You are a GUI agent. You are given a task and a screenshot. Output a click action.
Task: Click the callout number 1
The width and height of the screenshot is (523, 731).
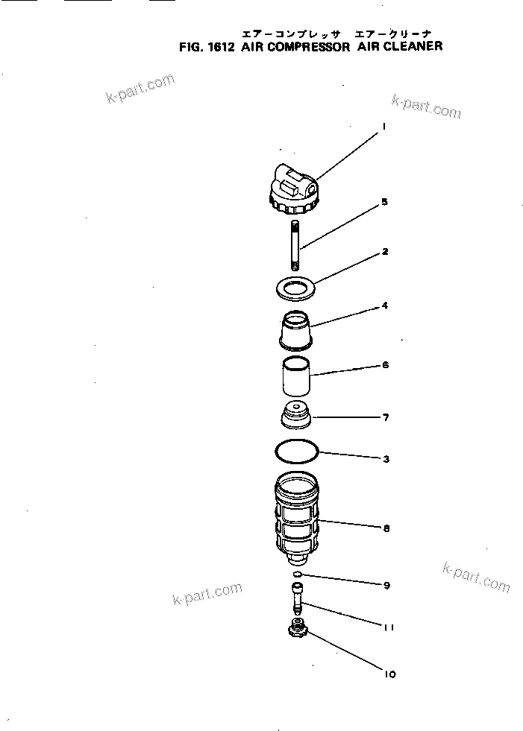click(x=383, y=127)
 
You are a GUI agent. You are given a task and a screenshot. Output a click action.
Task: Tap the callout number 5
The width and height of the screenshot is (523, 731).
click(x=384, y=201)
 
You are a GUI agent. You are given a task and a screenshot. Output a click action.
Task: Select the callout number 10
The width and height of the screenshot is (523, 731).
click(x=389, y=674)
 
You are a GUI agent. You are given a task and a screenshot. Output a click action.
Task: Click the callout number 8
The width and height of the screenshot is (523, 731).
click(x=386, y=528)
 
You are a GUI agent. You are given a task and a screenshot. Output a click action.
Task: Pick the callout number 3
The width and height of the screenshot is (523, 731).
click(x=386, y=460)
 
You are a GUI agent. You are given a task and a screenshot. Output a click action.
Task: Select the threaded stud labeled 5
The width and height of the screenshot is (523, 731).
click(x=295, y=246)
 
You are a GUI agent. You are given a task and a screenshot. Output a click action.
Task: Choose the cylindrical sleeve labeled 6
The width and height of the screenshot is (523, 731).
click(x=295, y=379)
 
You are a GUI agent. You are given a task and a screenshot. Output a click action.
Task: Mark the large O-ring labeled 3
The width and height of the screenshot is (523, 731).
click(x=296, y=452)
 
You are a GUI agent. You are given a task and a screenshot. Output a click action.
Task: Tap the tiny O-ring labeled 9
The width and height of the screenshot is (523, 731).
click(x=297, y=575)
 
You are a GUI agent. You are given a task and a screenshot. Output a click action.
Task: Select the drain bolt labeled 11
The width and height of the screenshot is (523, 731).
click(x=298, y=598)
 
